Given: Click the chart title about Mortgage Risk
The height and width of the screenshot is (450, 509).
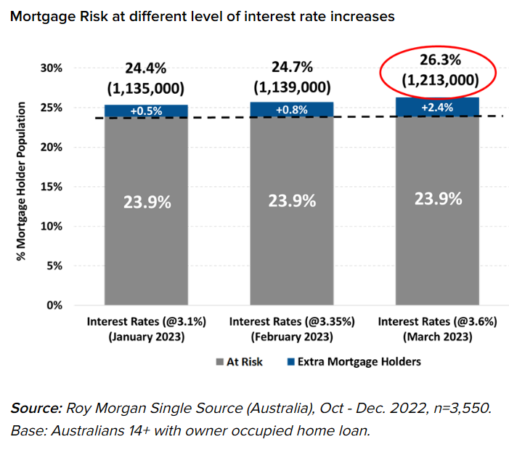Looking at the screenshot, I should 203,15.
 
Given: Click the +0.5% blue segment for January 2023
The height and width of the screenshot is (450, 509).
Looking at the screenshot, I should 146,111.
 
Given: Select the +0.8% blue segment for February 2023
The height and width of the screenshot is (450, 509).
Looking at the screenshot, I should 292,109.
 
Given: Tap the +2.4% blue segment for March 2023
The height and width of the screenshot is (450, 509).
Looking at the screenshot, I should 437,107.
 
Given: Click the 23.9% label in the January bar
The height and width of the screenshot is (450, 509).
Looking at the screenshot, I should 147,202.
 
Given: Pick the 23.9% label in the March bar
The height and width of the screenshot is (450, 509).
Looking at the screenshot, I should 438,198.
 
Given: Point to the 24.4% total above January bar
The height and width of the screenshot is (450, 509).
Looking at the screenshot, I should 145,68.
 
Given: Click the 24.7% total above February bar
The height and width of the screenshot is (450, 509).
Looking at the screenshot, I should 292,67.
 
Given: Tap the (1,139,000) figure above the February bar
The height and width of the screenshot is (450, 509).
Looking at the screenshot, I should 292,87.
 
